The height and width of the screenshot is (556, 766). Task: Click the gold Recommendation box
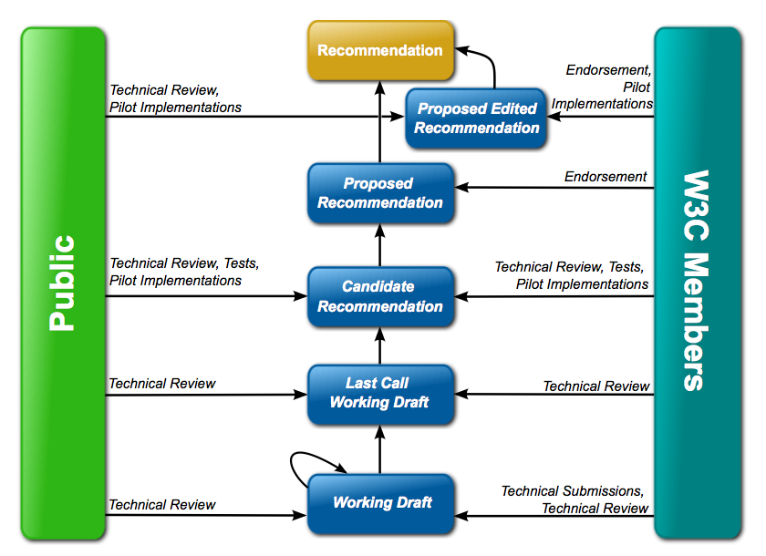pyautogui.click(x=380, y=50)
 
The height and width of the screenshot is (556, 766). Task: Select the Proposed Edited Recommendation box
pyautogui.click(x=476, y=118)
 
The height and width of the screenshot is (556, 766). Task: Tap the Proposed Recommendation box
pyautogui.click(x=380, y=193)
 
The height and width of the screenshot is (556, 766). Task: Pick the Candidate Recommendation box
pyautogui.click(x=380, y=296)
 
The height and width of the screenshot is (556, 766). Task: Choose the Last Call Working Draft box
pyautogui.click(x=380, y=394)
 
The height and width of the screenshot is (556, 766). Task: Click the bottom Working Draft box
pyautogui.click(x=380, y=503)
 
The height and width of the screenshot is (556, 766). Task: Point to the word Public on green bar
pyautogui.click(x=62, y=283)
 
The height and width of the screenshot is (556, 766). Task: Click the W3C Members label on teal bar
pyautogui.click(x=696, y=280)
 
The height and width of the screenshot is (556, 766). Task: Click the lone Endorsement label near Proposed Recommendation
pyautogui.click(x=606, y=176)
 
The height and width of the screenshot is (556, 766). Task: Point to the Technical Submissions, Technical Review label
pyautogui.click(x=574, y=499)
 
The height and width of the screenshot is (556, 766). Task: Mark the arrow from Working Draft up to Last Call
pyautogui.click(x=380, y=449)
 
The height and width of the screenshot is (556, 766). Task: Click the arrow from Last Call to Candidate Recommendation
pyautogui.click(x=380, y=345)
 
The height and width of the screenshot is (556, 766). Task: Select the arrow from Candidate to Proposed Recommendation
pyautogui.click(x=380, y=245)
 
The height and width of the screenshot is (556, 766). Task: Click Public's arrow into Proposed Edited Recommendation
pyautogui.click(x=255, y=117)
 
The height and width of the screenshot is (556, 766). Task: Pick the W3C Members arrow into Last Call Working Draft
pyautogui.click(x=554, y=394)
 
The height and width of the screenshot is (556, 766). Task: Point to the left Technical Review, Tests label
pyautogui.click(x=184, y=272)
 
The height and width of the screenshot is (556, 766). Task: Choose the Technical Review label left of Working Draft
pyautogui.click(x=162, y=504)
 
